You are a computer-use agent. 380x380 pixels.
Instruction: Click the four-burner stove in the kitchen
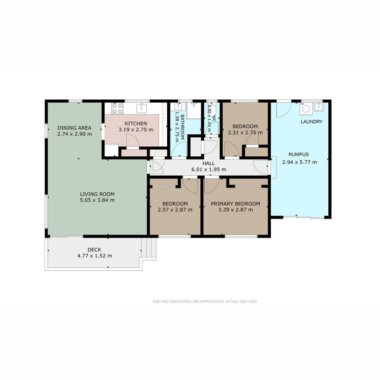tap(117, 108)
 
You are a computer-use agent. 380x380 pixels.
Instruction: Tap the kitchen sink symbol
tap(142, 108)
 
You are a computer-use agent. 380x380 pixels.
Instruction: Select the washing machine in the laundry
tap(306, 109)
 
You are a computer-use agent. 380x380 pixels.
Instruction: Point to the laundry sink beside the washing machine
tap(319, 107)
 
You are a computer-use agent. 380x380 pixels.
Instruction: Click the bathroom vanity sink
tap(179, 106)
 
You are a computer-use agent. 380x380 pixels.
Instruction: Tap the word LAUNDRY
tap(312, 122)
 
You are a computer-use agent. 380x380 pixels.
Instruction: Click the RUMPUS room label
tap(299, 154)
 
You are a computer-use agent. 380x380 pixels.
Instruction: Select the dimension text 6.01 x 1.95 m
tap(209, 170)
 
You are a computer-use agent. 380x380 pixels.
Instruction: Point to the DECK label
tap(94, 250)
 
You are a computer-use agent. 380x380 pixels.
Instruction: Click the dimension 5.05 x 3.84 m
tap(97, 200)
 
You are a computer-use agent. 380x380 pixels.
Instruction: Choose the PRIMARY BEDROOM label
tap(235, 204)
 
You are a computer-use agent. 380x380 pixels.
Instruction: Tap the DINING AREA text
tap(75, 128)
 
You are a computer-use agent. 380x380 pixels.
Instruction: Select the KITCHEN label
tap(136, 123)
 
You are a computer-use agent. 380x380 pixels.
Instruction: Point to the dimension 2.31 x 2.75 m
tap(245, 133)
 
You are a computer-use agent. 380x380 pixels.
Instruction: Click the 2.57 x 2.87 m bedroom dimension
tap(175, 209)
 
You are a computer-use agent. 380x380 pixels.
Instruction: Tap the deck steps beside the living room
tap(149, 247)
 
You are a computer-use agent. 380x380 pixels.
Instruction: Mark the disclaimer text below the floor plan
tap(205, 302)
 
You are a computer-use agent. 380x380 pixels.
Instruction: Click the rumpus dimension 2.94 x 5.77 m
tap(299, 162)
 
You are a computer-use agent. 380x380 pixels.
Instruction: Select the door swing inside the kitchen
tap(133, 141)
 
